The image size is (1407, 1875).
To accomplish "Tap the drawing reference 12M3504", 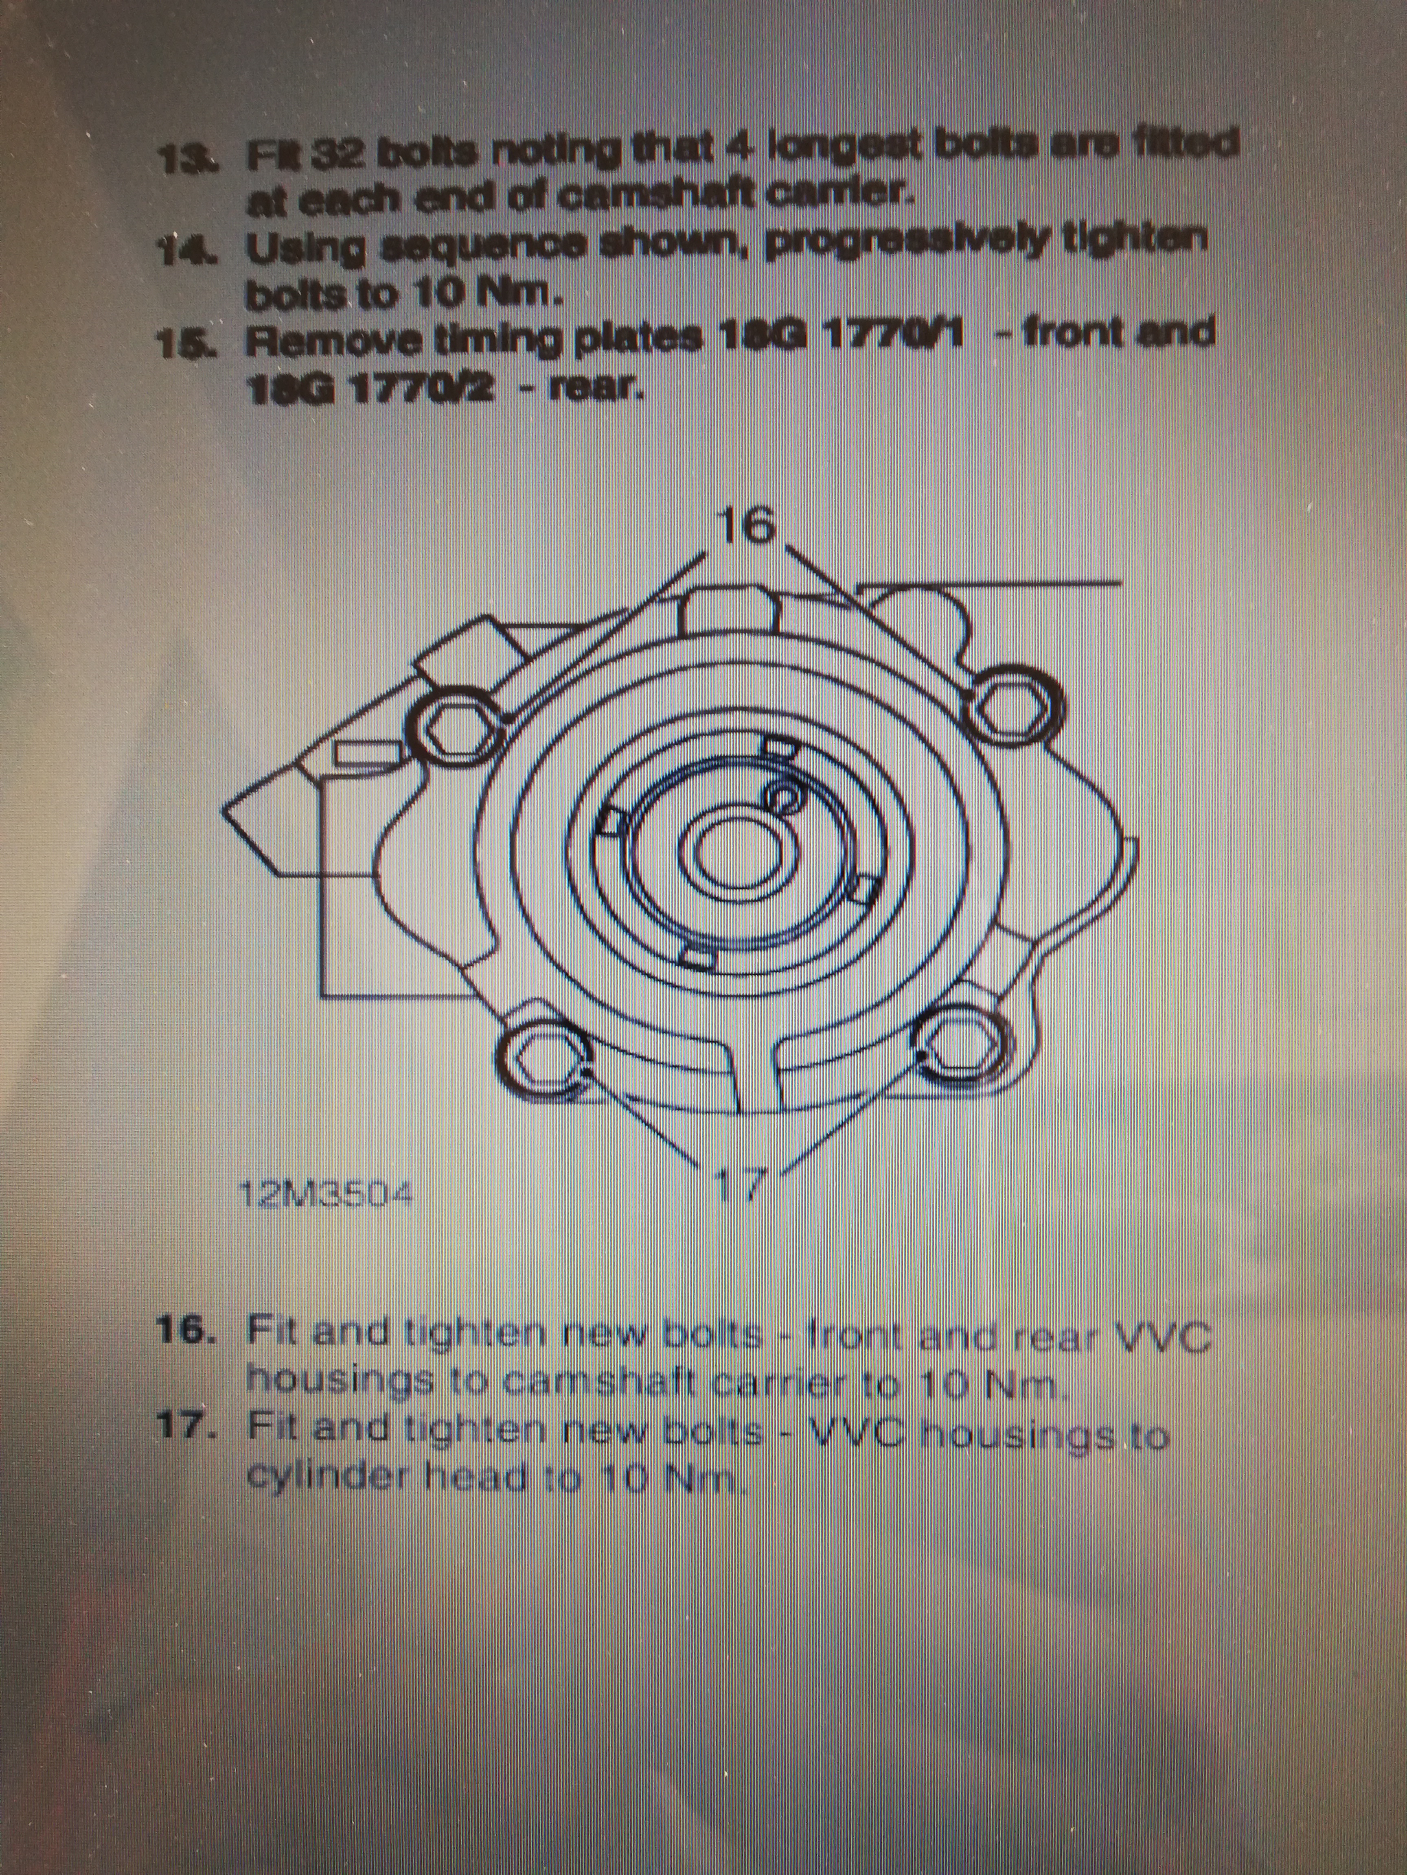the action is tap(326, 1195).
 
